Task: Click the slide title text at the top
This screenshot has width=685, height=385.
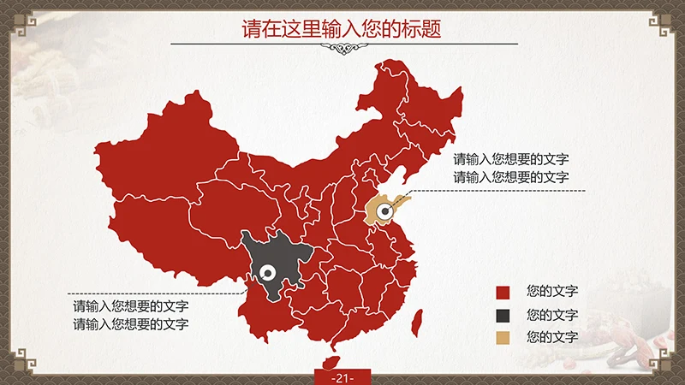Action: [x=342, y=29]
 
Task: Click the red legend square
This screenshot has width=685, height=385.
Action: [x=503, y=292]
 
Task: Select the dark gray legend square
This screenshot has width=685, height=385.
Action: [x=503, y=315]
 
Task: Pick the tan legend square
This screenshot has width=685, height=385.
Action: [x=503, y=338]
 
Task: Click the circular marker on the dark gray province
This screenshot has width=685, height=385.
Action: [x=267, y=273]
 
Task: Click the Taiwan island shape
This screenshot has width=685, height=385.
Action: [x=417, y=323]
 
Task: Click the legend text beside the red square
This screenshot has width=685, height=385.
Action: [x=552, y=292]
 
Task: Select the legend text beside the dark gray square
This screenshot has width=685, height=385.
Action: [x=552, y=315]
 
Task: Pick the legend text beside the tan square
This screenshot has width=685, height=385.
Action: [x=552, y=338]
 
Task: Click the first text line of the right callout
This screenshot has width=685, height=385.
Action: [x=511, y=159]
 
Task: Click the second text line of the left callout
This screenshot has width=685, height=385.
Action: [x=131, y=324]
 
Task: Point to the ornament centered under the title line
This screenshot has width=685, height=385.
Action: [x=342, y=49]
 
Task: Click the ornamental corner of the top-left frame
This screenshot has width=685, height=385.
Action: [x=19, y=19]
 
